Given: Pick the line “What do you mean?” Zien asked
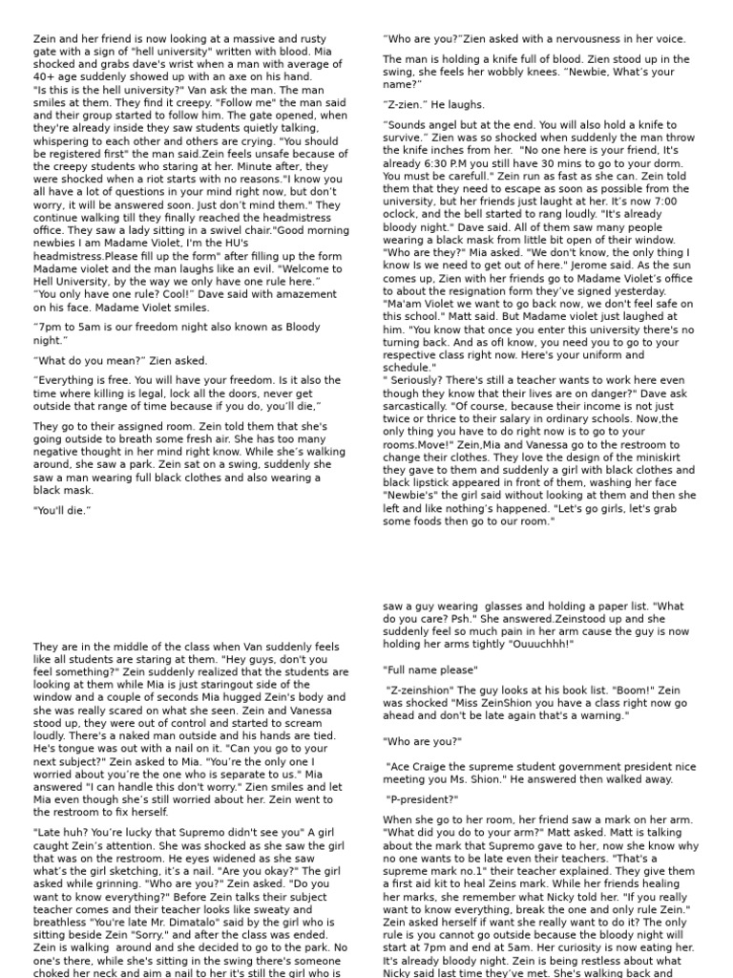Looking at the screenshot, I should click(x=120, y=361).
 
